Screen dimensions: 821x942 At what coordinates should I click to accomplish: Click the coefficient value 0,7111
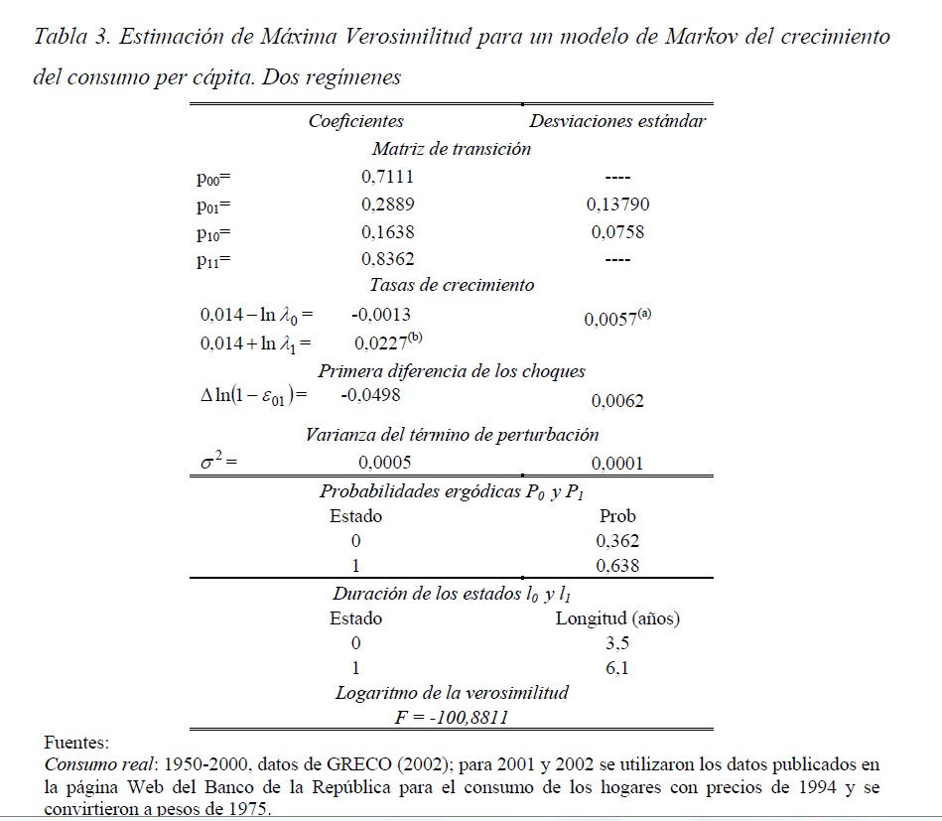click(x=387, y=178)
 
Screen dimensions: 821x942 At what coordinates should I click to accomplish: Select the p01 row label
click(x=213, y=206)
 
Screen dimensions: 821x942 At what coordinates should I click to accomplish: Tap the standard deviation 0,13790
click(x=617, y=205)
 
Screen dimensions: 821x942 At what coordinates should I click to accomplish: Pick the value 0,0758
click(x=617, y=232)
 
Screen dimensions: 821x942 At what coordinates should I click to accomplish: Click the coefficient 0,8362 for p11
click(x=387, y=259)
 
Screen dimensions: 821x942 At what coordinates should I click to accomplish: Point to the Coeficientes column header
click(x=355, y=121)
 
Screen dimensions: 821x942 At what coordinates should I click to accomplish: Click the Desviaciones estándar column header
click(x=617, y=121)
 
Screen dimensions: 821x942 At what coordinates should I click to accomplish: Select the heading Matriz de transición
click(x=452, y=149)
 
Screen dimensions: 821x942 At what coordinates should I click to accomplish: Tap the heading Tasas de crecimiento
click(x=452, y=285)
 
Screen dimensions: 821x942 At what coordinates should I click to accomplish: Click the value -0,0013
click(x=380, y=314)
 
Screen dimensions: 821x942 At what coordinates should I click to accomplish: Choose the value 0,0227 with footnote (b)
click(x=388, y=342)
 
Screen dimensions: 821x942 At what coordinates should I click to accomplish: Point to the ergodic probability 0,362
click(x=617, y=542)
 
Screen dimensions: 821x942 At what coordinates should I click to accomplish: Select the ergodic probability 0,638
click(x=617, y=566)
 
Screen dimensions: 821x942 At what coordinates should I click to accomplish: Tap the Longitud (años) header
click(x=617, y=618)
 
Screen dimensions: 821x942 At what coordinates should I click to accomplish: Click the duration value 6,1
click(x=617, y=667)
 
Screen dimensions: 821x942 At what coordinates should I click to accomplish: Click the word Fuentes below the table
click(x=76, y=742)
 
